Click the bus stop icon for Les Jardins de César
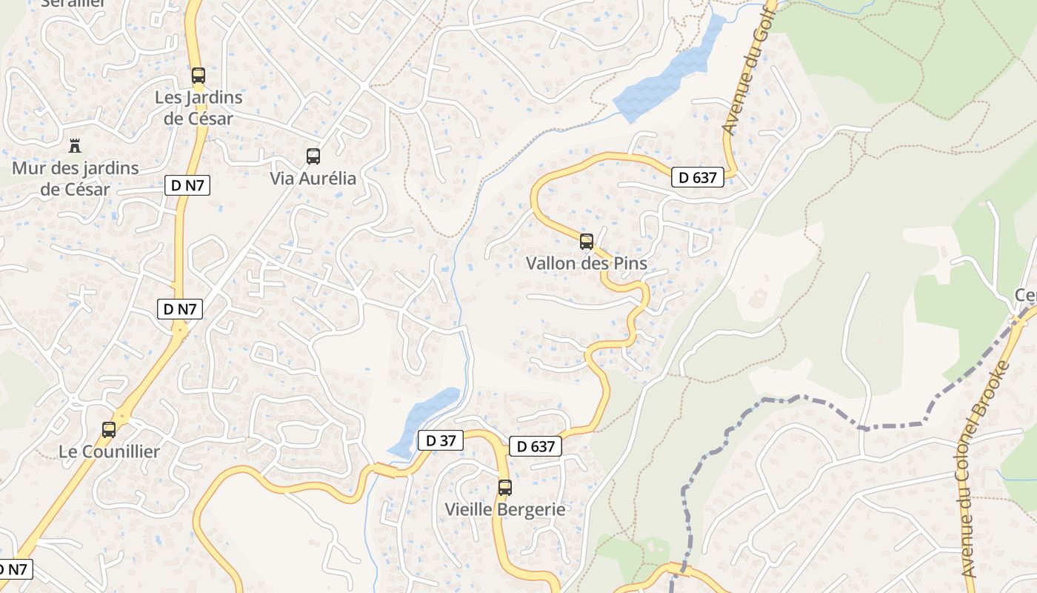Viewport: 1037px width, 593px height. click(198, 75)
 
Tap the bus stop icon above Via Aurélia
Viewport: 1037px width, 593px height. click(313, 156)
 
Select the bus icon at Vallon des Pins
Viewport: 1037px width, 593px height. click(587, 241)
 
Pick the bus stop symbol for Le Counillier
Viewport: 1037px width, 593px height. click(109, 429)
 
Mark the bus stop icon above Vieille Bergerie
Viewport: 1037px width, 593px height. click(505, 487)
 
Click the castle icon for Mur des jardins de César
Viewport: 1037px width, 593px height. click(75, 145)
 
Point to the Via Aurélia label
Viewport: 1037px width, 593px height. click(313, 179)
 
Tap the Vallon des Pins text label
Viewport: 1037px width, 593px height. click(586, 263)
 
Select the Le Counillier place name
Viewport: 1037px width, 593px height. click(109, 451)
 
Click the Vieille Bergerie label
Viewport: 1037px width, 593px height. click(504, 509)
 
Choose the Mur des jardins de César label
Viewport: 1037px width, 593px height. click(75, 179)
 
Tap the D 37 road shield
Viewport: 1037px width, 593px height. click(440, 440)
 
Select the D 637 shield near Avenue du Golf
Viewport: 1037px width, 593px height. click(697, 177)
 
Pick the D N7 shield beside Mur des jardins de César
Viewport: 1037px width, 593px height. click(187, 186)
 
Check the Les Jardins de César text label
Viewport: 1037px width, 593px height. click(198, 107)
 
